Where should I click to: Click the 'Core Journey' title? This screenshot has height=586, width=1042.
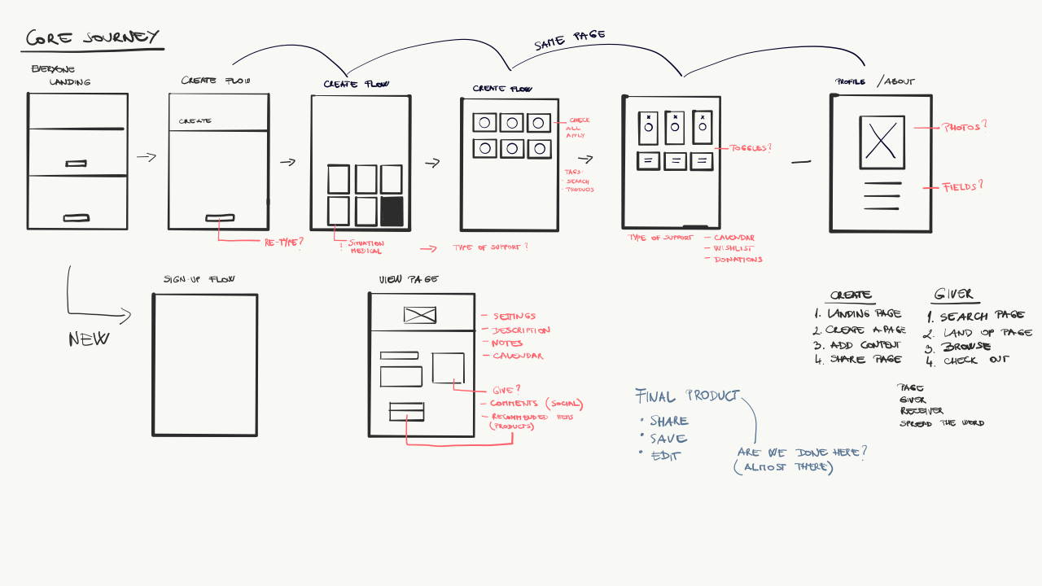tap(92, 38)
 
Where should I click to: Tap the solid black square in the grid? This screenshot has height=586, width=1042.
tap(392, 211)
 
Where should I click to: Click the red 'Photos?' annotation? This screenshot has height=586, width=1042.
tap(964, 127)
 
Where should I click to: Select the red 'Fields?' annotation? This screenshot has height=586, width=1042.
tap(962, 186)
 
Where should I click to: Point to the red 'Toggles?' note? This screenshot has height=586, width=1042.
tap(751, 148)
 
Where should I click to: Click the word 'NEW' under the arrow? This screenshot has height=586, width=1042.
tap(89, 339)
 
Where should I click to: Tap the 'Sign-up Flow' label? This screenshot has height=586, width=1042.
tap(199, 279)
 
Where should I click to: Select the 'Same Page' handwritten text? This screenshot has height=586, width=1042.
tap(570, 40)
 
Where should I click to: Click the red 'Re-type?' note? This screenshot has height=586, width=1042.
tap(283, 243)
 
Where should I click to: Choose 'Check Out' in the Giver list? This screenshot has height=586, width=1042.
tap(976, 360)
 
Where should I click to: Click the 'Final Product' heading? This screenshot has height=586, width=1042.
tap(687, 396)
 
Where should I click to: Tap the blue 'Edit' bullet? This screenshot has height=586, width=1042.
tap(666, 457)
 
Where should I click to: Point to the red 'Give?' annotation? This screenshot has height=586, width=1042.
tap(506, 389)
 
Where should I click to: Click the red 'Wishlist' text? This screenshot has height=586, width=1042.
tap(736, 248)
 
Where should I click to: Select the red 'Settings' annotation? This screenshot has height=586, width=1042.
tap(514, 316)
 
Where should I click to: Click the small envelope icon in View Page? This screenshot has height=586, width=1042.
tap(420, 315)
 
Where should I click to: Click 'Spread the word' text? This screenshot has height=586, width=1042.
tap(941, 423)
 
